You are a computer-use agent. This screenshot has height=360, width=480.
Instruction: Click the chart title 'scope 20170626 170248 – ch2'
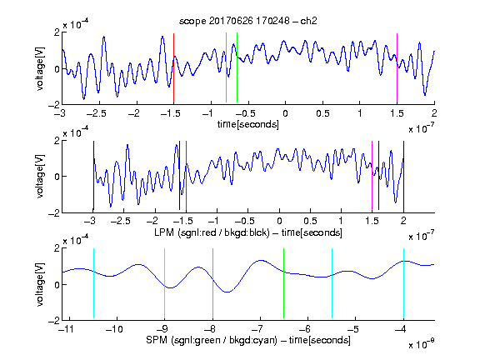coord(248,21)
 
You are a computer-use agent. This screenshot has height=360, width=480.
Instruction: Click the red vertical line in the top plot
coord(173,68)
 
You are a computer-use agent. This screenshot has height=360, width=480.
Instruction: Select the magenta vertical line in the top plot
coord(397,68)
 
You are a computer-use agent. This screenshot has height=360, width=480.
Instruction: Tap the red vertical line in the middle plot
coord(186,176)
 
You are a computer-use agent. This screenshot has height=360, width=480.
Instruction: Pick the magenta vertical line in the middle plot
coord(372,176)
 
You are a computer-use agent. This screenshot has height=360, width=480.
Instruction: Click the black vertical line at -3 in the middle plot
coord(93,176)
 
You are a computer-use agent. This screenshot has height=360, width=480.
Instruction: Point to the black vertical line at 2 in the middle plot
coord(403,176)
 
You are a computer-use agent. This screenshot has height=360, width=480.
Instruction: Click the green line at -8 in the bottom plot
coord(212,283)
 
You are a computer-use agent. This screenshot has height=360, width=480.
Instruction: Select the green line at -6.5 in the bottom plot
coord(284,283)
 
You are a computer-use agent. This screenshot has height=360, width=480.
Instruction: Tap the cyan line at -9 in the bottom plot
coord(164,283)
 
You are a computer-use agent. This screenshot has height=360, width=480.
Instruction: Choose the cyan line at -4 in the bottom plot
coord(403,283)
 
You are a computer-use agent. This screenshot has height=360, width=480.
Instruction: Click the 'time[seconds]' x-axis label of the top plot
coord(248,124)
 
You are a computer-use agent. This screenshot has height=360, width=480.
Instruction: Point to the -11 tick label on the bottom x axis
coord(66,329)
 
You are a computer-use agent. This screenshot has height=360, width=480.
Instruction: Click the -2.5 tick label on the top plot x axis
coord(96,113)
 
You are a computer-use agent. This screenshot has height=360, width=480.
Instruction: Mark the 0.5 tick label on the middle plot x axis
coord(310,221)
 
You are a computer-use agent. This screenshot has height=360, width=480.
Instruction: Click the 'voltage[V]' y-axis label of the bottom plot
coord(40,284)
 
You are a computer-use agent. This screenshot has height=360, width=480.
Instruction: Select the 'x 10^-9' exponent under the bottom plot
coord(421,344)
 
